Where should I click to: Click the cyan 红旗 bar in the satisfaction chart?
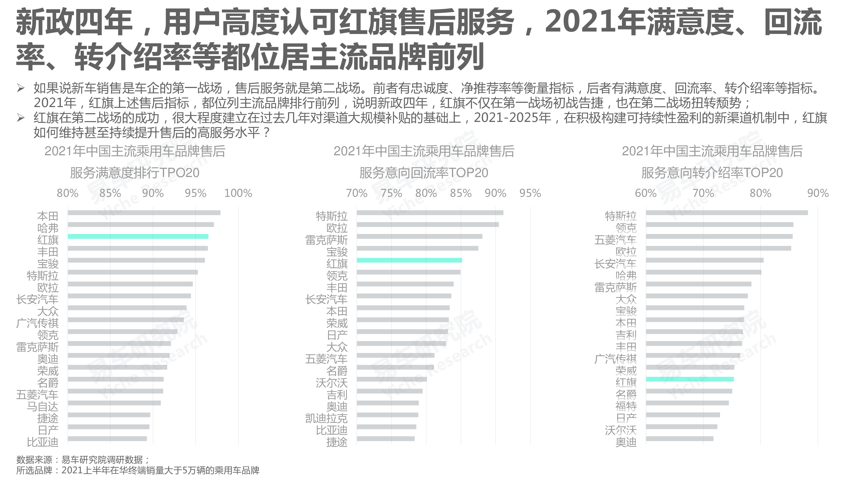pyautogui.click(x=138, y=236)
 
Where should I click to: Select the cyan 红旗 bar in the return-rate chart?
pyautogui.click(x=409, y=260)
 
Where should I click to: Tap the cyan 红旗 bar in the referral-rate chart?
pyautogui.click(x=690, y=379)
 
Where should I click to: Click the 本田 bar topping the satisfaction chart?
pyautogui.click(x=144, y=213)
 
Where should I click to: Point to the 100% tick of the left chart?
pyautogui.click(x=238, y=193)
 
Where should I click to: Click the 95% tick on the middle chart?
pyautogui.click(x=530, y=193)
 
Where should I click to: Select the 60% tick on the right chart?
pyautogui.click(x=646, y=193)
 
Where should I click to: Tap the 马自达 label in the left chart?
pyautogui.click(x=42, y=407)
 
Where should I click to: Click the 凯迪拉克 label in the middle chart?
pyautogui.click(x=326, y=418)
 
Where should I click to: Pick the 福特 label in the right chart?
pyautogui.click(x=626, y=406)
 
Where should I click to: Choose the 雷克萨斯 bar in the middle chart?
pyautogui.click(x=419, y=236)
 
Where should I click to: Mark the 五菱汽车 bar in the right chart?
pyautogui.click(x=719, y=236)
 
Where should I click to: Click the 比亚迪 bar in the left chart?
pyautogui.click(x=107, y=439)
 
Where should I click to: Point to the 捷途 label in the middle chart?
pyautogui.click(x=337, y=442)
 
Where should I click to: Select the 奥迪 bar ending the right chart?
pyautogui.click(x=680, y=439)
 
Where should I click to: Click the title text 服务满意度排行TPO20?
pyautogui.click(x=135, y=173)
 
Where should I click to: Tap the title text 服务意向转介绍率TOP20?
pyautogui.click(x=712, y=173)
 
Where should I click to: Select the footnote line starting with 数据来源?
pyautogui.click(x=83, y=460)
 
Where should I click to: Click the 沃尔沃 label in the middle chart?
pyautogui.click(x=332, y=383)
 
